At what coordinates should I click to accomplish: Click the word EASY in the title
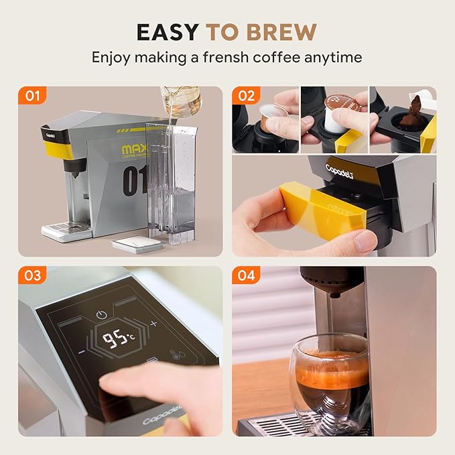pos(168,31)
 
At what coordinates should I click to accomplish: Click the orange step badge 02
pos(246,96)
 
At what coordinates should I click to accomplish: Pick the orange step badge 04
pos(246,275)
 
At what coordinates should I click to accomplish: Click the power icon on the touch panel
pos(102,314)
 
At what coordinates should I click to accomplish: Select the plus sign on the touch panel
pos(153,324)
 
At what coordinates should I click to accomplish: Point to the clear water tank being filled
pos(168,181)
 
